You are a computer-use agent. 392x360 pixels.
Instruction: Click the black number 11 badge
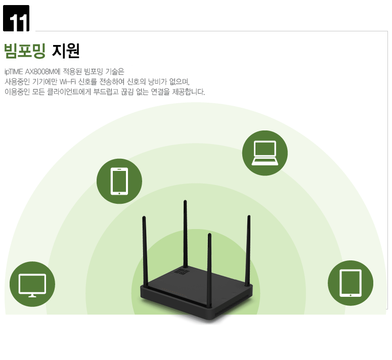[16, 18]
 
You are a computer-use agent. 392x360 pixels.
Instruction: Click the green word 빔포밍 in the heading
[25, 51]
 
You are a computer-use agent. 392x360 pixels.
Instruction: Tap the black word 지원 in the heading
[66, 51]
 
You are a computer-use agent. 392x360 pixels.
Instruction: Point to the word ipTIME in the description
[14, 72]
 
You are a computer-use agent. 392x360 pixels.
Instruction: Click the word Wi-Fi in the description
[67, 82]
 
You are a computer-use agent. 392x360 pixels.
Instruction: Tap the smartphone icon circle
[119, 181]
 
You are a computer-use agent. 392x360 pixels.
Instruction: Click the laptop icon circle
[265, 153]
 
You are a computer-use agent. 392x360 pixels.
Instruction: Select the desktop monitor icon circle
[32, 284]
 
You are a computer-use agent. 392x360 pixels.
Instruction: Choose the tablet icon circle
[351, 283]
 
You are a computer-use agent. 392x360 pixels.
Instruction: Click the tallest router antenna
[185, 234]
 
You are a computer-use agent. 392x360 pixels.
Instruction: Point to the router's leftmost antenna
[145, 252]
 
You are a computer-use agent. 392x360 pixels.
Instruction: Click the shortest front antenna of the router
[209, 271]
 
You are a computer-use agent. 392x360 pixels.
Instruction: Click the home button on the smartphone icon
[119, 193]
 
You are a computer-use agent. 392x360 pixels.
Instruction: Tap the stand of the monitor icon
[32, 296]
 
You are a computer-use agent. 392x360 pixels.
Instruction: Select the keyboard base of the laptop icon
[265, 162]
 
